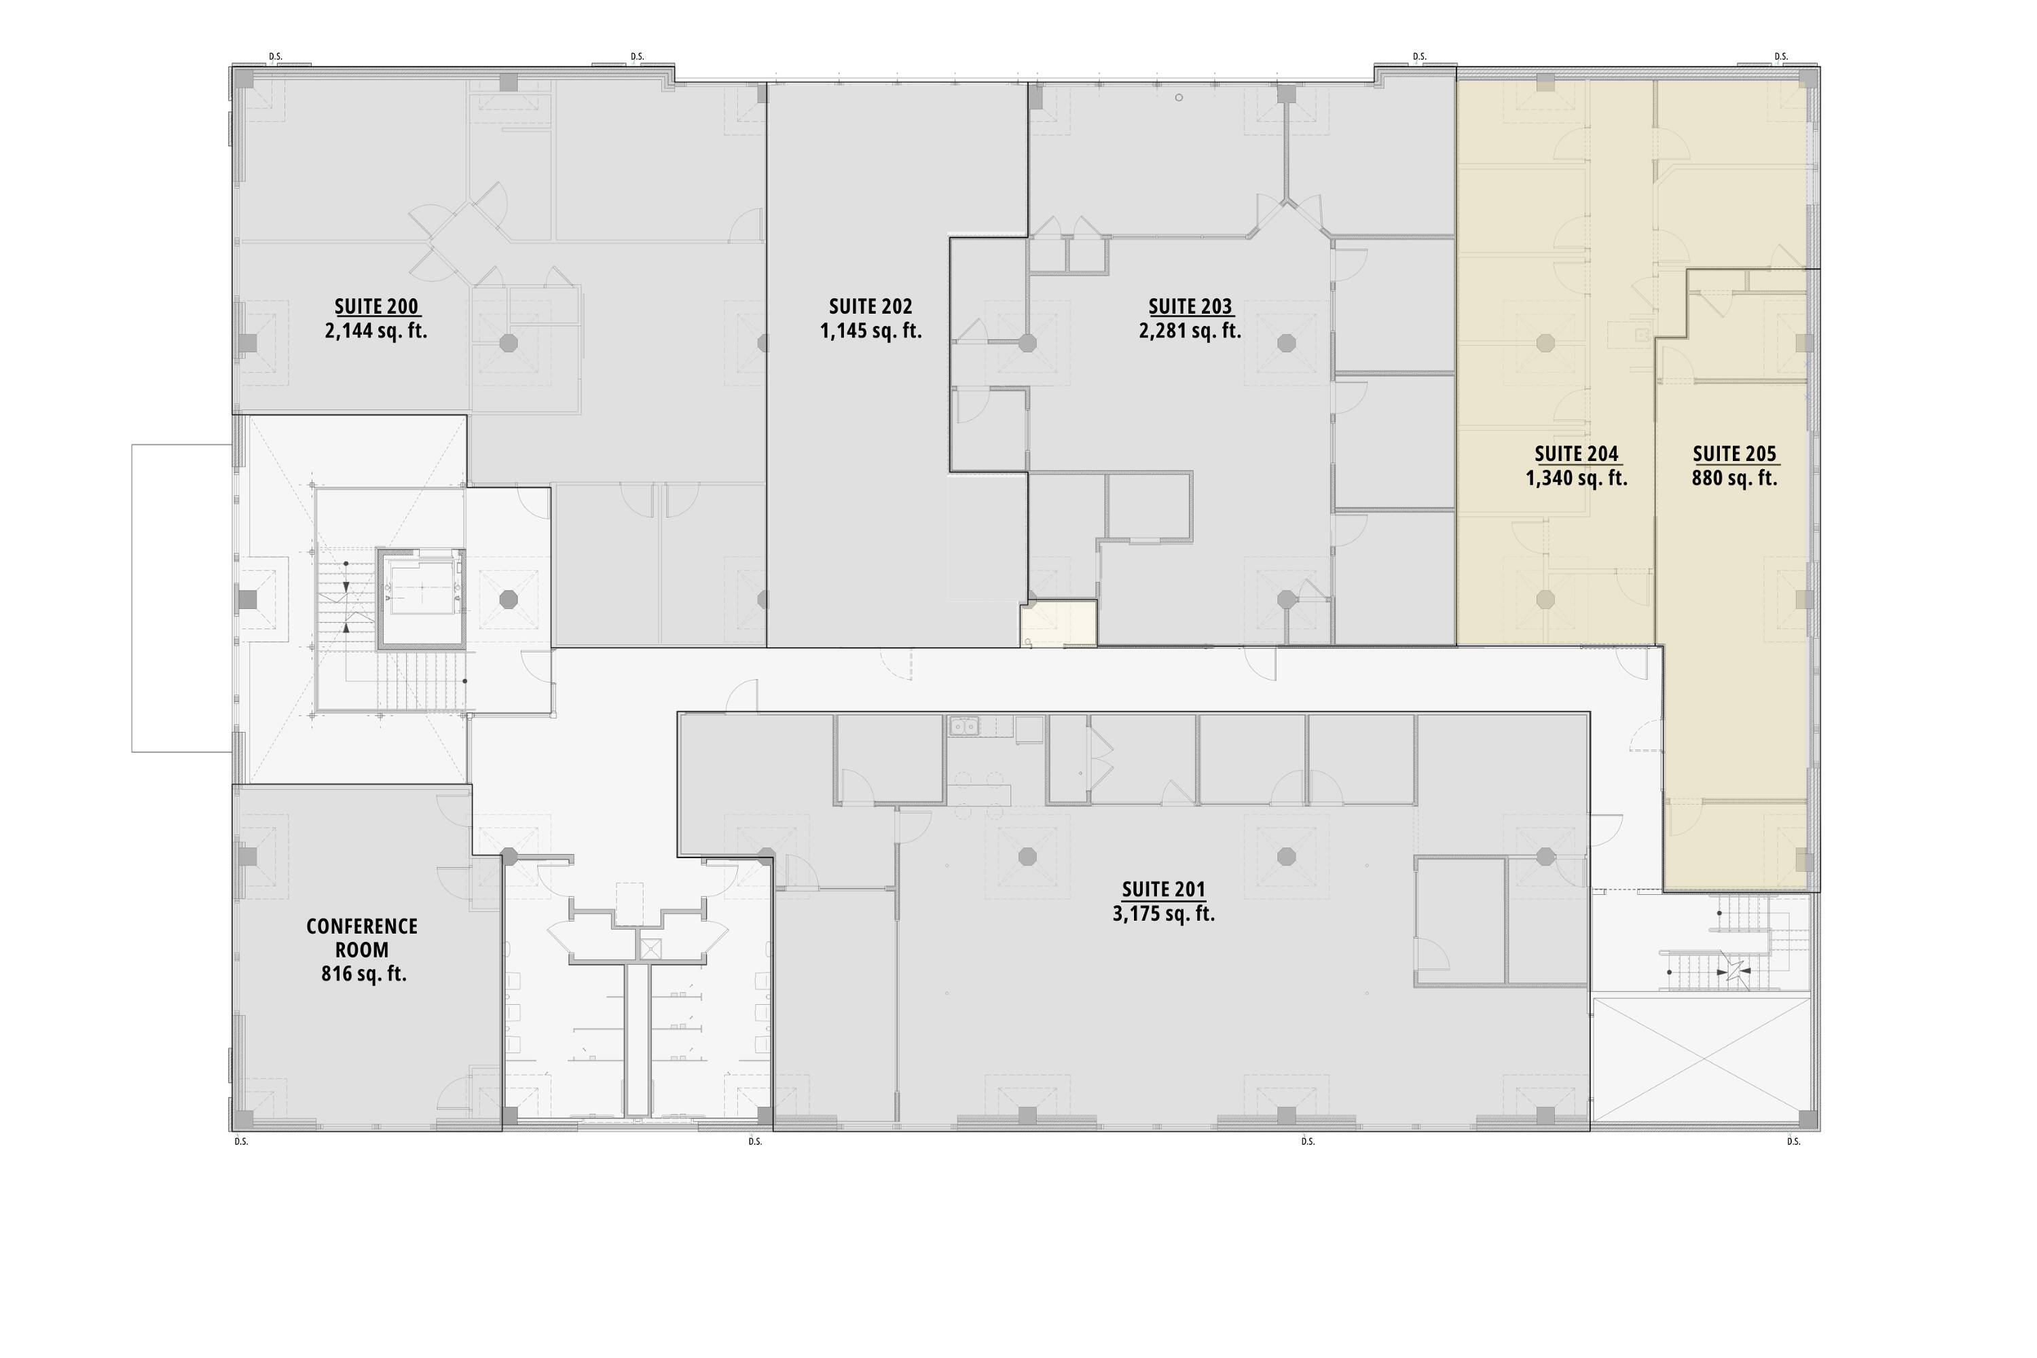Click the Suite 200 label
pos(377,307)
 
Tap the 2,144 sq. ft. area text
pos(376,331)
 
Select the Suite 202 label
pos(870,307)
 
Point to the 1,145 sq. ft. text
pos(870,331)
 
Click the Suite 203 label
pos(1190,307)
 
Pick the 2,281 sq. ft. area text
pos(1190,331)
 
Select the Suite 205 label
pos(1734,454)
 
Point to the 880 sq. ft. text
pos(1734,478)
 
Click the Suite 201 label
pos(1163,889)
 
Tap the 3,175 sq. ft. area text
pos(1163,914)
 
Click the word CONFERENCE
pos(362,927)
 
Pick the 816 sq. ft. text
pos(364,974)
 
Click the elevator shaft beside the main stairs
pos(421,600)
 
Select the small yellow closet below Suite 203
pos(1059,623)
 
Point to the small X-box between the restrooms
pos(650,949)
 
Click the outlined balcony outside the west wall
pos(182,598)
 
